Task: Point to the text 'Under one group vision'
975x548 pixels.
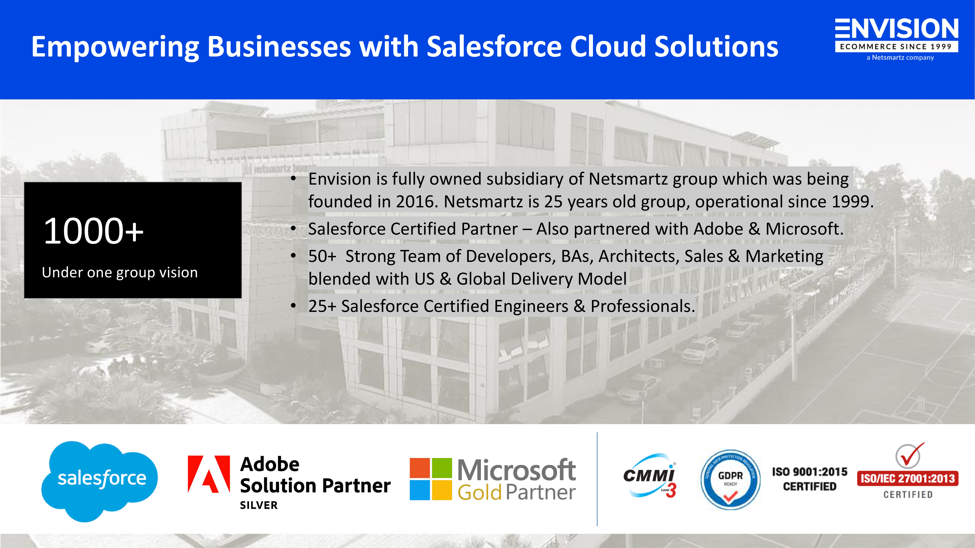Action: [120, 272]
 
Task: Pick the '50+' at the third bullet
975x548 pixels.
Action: [322, 256]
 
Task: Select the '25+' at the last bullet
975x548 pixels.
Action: [322, 306]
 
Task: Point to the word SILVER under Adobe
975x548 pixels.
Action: [259, 505]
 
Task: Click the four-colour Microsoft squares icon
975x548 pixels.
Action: [431, 479]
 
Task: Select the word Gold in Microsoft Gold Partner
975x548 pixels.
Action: [479, 492]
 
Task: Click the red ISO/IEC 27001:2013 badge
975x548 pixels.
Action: [908, 478]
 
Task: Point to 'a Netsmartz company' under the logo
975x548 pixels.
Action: [900, 57]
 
